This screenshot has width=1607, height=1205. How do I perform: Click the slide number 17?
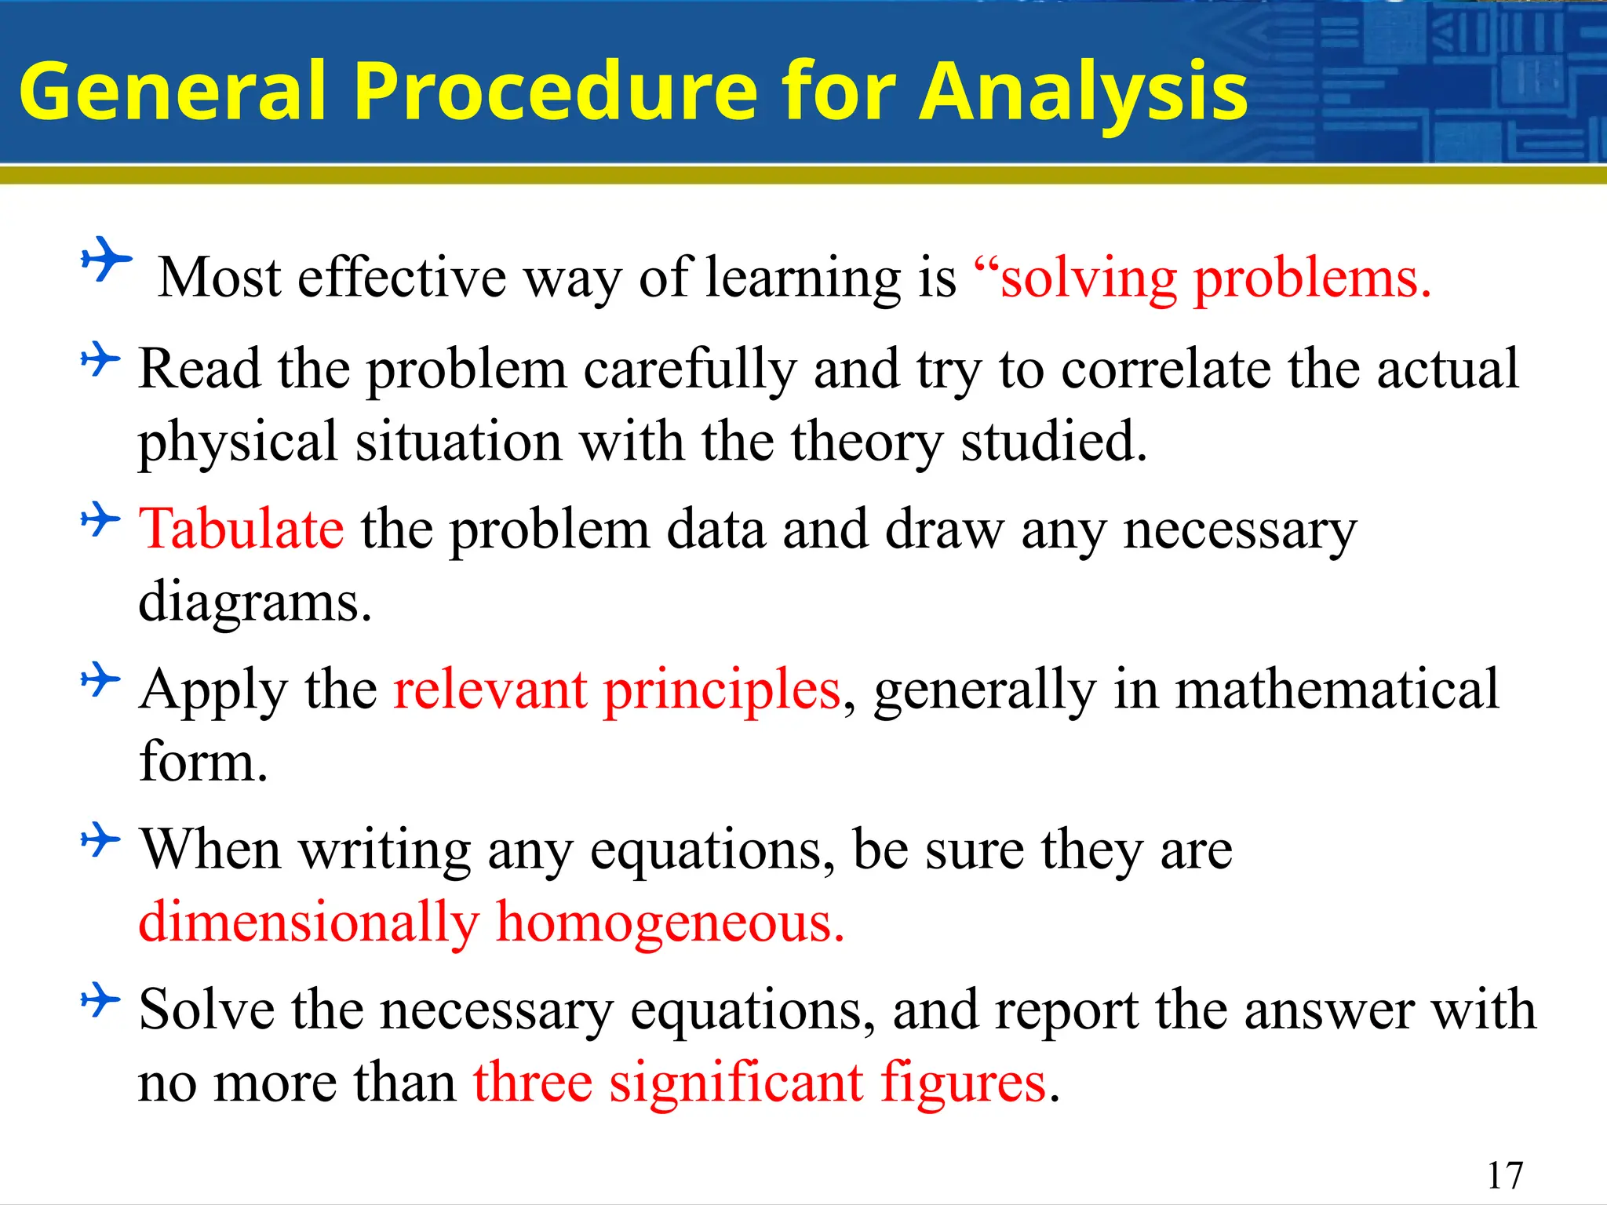pos(1504,1175)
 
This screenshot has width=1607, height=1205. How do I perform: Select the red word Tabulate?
pos(241,529)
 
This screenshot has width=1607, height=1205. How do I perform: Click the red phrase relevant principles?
pos(617,690)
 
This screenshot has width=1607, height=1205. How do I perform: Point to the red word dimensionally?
pos(308,922)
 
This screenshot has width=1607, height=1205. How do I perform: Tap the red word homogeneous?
pos(670,922)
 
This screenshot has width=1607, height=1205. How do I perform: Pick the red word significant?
pos(736,1083)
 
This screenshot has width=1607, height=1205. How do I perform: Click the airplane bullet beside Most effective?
pos(106,259)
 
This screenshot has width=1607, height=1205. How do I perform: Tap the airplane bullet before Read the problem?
pos(100,359)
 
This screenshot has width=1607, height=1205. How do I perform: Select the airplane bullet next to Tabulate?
pos(100,519)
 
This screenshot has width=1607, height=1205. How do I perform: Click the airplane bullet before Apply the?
pos(100,679)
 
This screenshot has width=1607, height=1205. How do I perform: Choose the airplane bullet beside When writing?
pos(100,840)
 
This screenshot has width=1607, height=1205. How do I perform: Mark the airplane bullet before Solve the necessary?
pos(100,1000)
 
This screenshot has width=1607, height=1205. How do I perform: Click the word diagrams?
pos(254,602)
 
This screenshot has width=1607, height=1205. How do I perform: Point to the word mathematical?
pos(1336,690)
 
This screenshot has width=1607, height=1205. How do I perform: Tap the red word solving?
pos(1088,278)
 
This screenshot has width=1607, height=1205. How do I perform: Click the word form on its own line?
pos(202,763)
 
